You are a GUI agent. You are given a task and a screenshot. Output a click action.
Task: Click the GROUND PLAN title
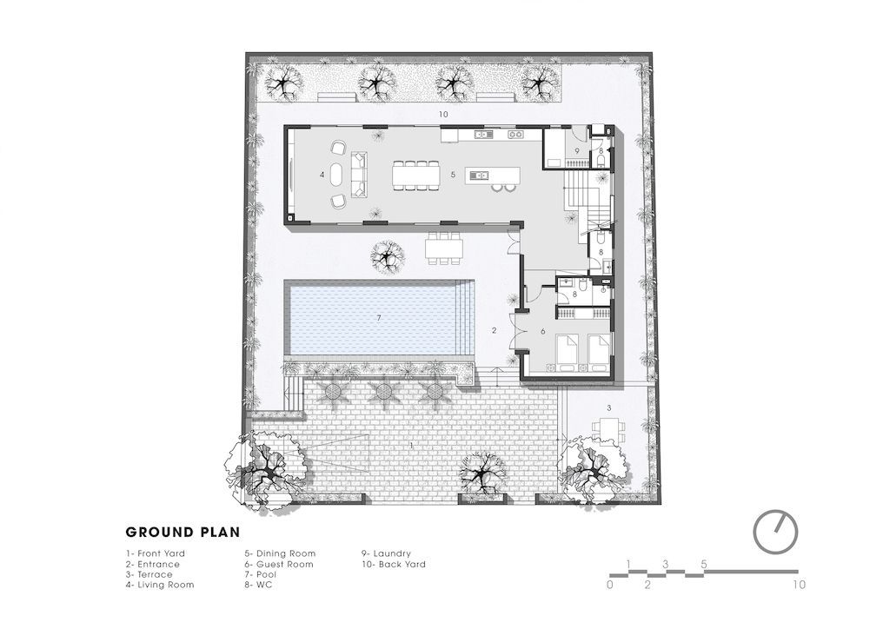[183, 532]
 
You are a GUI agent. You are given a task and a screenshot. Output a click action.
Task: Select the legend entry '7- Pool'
[261, 574]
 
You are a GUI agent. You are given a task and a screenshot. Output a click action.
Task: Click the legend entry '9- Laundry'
[387, 553]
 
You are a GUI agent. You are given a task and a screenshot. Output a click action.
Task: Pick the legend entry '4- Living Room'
[160, 585]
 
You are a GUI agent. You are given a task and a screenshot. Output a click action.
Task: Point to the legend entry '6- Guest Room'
[279, 565]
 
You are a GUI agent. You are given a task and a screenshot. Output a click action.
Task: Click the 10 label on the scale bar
[799, 585]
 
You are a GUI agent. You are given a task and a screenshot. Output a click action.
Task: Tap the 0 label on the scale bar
[610, 585]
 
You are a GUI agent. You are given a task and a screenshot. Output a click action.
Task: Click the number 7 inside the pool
[379, 318]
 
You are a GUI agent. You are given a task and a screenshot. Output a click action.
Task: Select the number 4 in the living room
[322, 175]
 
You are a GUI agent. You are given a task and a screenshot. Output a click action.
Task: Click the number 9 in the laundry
[577, 151]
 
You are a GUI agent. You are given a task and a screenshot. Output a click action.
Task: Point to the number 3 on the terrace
[609, 407]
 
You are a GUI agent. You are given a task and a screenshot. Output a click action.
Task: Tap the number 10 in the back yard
[443, 114]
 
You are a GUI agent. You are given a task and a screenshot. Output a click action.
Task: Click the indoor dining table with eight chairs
[416, 175]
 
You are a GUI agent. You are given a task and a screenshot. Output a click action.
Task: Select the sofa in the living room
[359, 175]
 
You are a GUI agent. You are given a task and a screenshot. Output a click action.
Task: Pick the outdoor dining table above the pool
[444, 248]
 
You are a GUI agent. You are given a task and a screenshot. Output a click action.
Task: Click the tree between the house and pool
[388, 256]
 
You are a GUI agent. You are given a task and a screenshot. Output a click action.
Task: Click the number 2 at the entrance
[495, 330]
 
